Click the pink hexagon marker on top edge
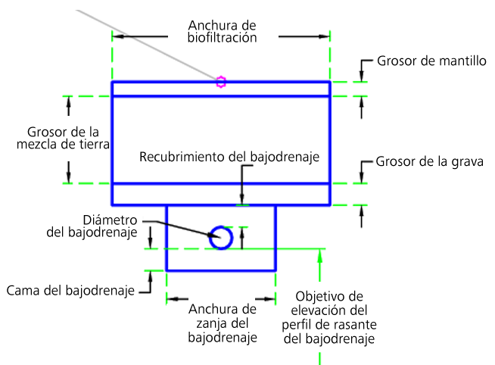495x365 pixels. pyautogui.click(x=220, y=82)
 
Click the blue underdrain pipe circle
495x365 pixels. pyautogui.click(x=221, y=238)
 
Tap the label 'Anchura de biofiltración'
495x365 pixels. pyautogui.click(x=222, y=31)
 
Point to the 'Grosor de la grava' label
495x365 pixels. pyautogui.click(x=429, y=162)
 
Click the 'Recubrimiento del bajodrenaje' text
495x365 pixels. pyautogui.click(x=229, y=157)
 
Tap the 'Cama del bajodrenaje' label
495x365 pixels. pyautogui.click(x=70, y=290)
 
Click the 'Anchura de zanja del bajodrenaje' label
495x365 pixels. pyautogui.click(x=223, y=323)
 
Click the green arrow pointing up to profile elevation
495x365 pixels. pyautogui.click(x=320, y=265)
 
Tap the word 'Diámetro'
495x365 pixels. pyautogui.click(x=111, y=220)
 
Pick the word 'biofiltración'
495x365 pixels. pyautogui.click(x=222, y=37)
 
